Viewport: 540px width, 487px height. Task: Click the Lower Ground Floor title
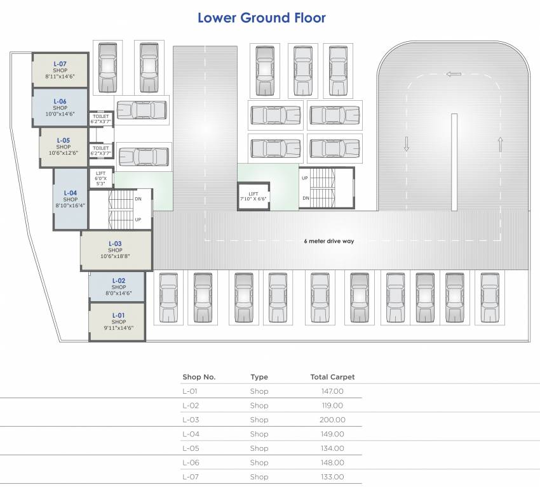[x=261, y=18]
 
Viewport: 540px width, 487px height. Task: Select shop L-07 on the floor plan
[x=60, y=70]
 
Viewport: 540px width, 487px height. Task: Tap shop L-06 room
[x=60, y=108]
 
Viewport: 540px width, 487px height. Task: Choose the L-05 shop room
[x=64, y=146]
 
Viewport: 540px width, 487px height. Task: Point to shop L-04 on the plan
[x=70, y=199]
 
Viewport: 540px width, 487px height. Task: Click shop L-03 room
[x=115, y=250]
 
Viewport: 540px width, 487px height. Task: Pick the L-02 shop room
[x=118, y=287]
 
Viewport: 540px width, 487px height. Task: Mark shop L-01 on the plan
[x=118, y=321]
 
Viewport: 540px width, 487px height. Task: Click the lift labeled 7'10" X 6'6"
[x=253, y=197]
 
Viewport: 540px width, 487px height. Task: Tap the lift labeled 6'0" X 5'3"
[x=100, y=178]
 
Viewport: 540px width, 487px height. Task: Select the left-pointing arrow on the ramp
[x=454, y=74]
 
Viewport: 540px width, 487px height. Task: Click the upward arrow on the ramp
[x=501, y=144]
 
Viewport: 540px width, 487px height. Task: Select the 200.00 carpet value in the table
[x=332, y=420]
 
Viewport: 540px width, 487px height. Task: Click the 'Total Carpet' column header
[x=332, y=377]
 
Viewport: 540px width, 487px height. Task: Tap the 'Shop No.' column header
[x=199, y=377]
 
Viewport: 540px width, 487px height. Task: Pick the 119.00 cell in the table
[x=332, y=405]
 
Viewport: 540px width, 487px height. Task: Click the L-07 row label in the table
[x=191, y=477]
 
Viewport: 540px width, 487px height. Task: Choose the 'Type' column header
[x=259, y=377]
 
